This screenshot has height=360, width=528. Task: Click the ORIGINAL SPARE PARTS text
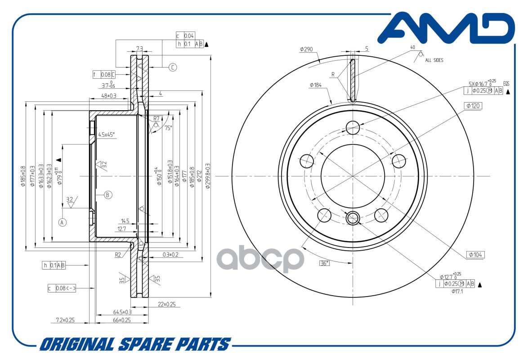click(134, 344)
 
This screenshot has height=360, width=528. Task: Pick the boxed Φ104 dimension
click(475, 254)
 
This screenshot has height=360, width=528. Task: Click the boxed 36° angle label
click(324, 263)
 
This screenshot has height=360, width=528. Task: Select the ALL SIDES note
click(434, 60)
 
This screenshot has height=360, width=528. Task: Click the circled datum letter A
click(63, 222)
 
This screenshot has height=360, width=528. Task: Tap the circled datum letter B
click(107, 195)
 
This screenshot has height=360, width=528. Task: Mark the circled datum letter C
click(173, 67)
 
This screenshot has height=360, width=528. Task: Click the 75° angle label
click(168, 128)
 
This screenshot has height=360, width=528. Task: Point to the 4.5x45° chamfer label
click(107, 134)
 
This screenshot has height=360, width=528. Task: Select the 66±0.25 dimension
click(121, 320)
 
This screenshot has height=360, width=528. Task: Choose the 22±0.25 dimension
click(167, 305)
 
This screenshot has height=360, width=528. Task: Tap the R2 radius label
click(118, 255)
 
